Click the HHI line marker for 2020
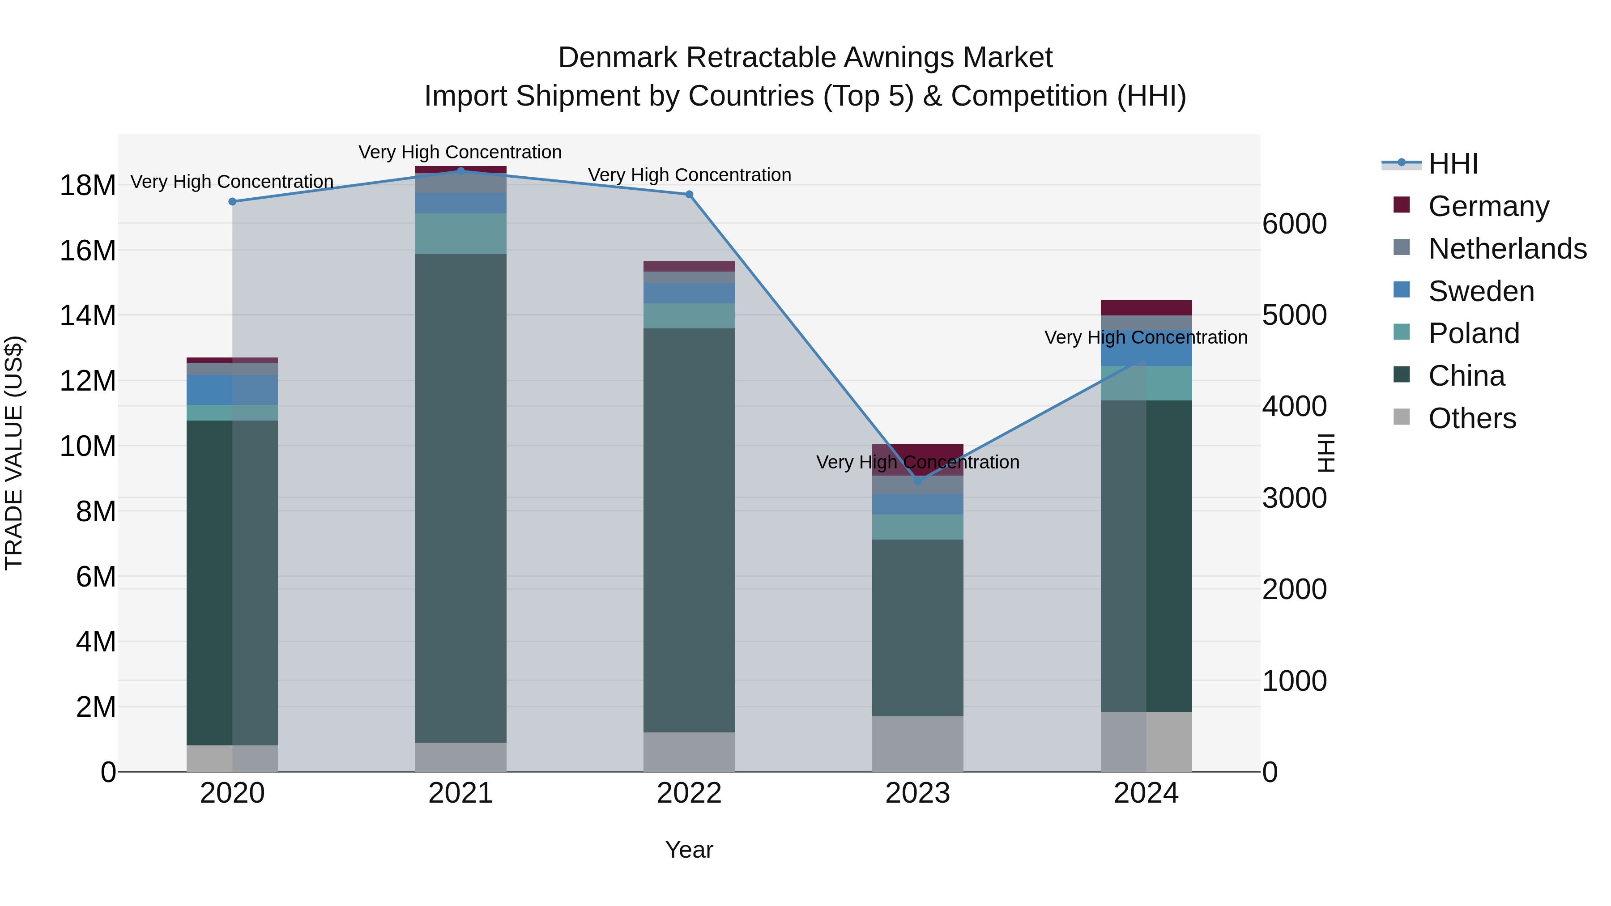point(233,201)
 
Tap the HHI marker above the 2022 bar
point(689,195)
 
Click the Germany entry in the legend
point(1488,206)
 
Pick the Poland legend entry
point(1474,333)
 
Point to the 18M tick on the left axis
point(88,186)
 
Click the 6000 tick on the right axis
point(1294,224)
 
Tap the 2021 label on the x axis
point(460,793)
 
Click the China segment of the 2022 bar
point(689,530)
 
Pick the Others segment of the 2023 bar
point(917,744)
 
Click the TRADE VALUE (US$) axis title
point(14,453)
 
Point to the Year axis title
point(689,850)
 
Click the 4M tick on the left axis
point(96,642)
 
